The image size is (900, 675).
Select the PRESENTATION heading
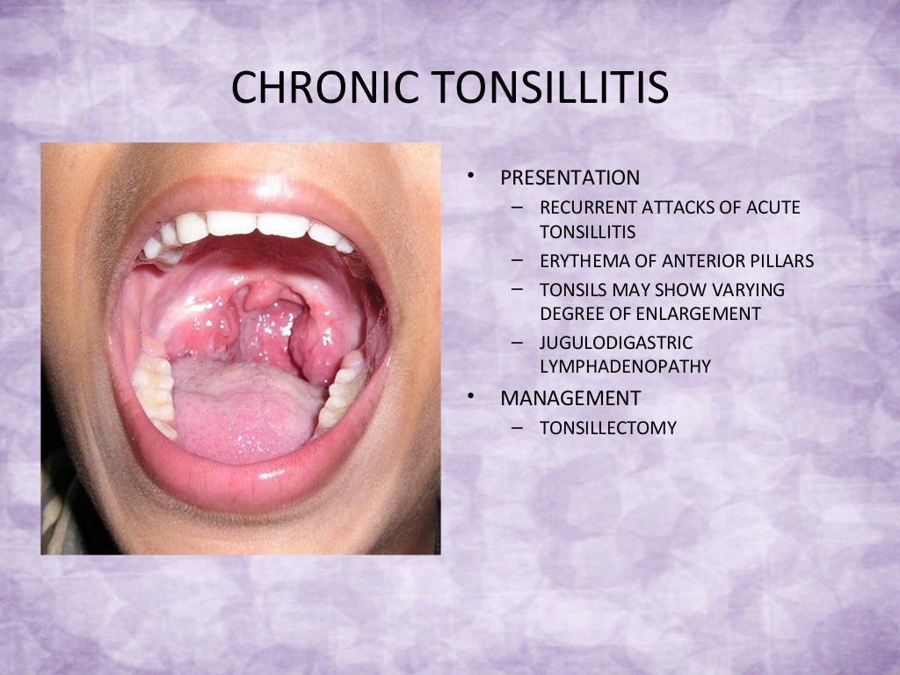570,178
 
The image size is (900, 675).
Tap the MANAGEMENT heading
570,398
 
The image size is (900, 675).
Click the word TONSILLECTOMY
608,428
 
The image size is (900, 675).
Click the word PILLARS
783,261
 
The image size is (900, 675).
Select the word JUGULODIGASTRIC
616,343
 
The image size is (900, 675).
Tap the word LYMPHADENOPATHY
625,367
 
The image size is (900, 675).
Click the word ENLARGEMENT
708,314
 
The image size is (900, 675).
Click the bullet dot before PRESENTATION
471,177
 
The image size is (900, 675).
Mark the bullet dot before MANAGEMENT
471,397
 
